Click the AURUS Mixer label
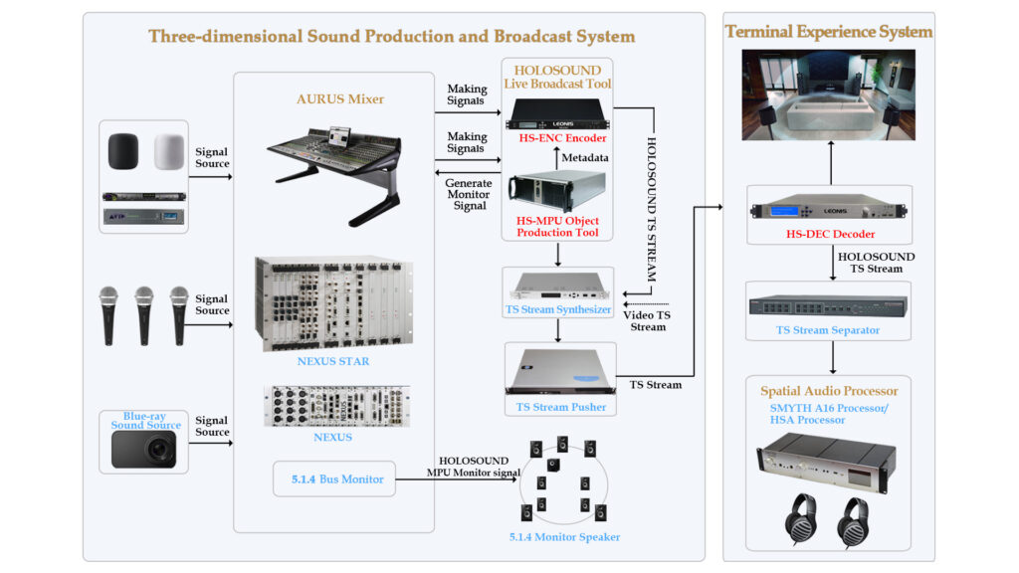coord(340,98)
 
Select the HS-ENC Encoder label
coord(562,138)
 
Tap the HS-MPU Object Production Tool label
coord(557,226)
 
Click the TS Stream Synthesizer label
coord(557,310)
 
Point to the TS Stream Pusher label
coord(560,407)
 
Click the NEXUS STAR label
coord(332,361)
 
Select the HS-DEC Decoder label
coord(830,235)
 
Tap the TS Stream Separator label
coord(829,330)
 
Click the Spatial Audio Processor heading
coord(829,391)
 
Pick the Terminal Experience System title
coord(829,32)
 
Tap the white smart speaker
coord(170,150)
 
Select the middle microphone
coord(144,313)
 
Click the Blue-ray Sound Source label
coord(145,420)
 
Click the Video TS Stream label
coord(648,320)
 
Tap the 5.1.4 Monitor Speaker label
coord(564,537)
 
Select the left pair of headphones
coord(798,518)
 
